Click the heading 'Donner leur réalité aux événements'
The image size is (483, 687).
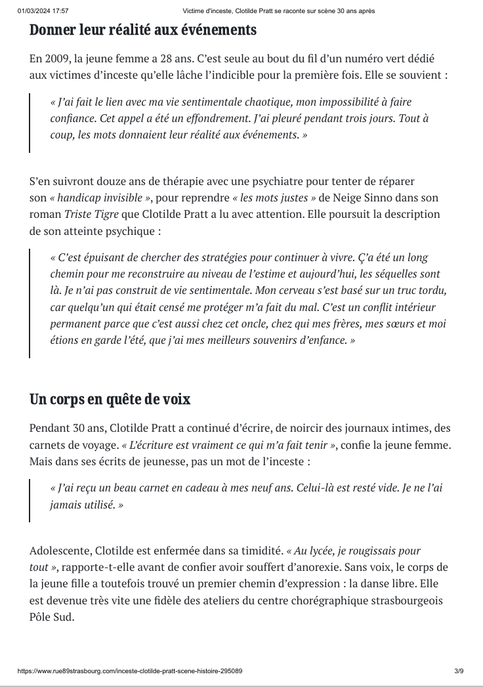142,30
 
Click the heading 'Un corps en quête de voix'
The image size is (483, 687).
110,400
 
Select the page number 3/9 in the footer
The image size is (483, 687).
458,671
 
